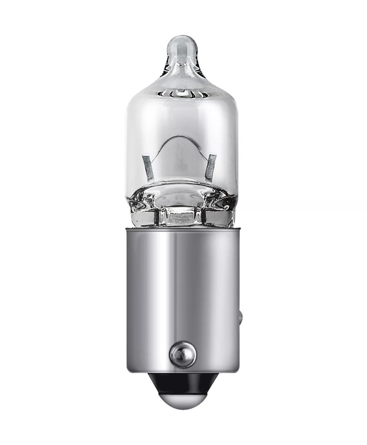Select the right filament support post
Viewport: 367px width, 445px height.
click(211, 167)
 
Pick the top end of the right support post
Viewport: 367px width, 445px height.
click(212, 156)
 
